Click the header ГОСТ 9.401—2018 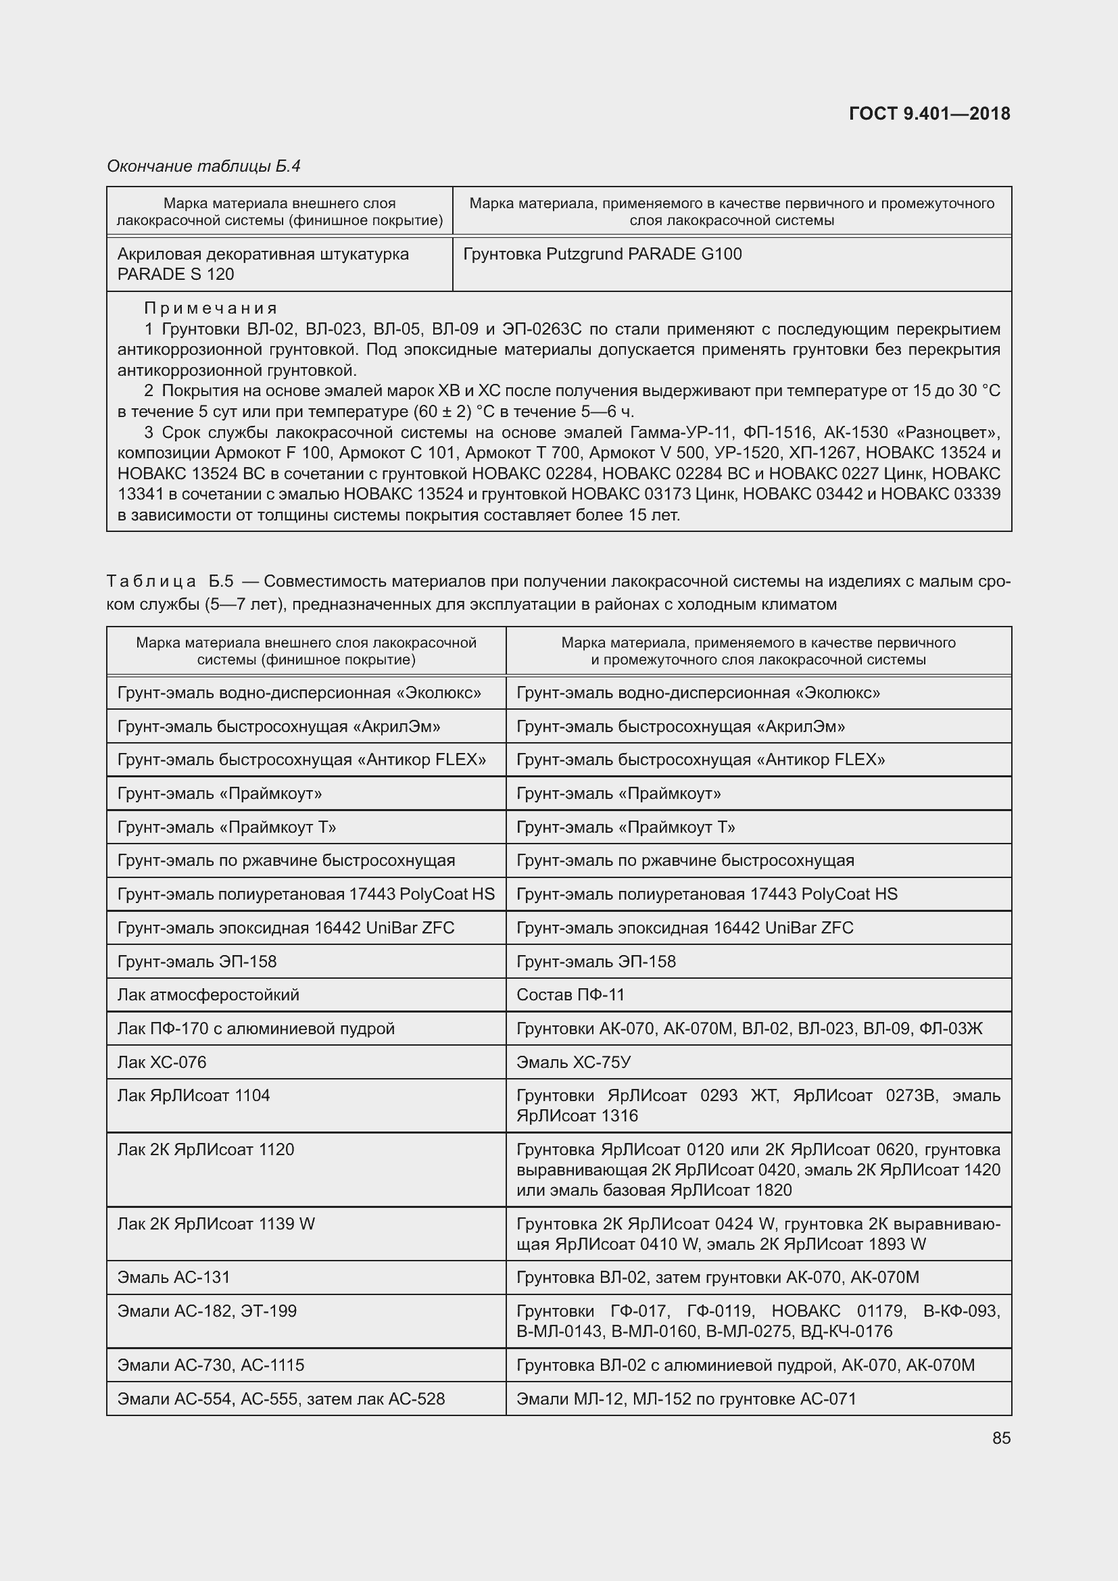coord(929,114)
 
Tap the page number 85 coord(1001,1438)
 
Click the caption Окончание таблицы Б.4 coord(203,166)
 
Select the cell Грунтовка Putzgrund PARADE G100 coord(602,254)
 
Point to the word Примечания coord(211,308)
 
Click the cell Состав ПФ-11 coord(570,994)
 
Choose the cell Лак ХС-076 coord(162,1062)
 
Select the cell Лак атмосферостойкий coord(208,994)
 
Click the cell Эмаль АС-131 coord(174,1278)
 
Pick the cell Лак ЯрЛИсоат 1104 coord(193,1096)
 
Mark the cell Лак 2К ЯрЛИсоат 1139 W coord(216,1223)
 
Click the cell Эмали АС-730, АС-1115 coord(211,1365)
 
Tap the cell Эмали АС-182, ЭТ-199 coord(207,1311)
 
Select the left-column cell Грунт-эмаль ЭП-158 coord(197,961)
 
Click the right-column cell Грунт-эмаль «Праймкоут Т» coord(625,827)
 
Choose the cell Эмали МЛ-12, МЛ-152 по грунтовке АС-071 coord(685,1398)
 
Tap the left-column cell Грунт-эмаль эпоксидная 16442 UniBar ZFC coord(286,927)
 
